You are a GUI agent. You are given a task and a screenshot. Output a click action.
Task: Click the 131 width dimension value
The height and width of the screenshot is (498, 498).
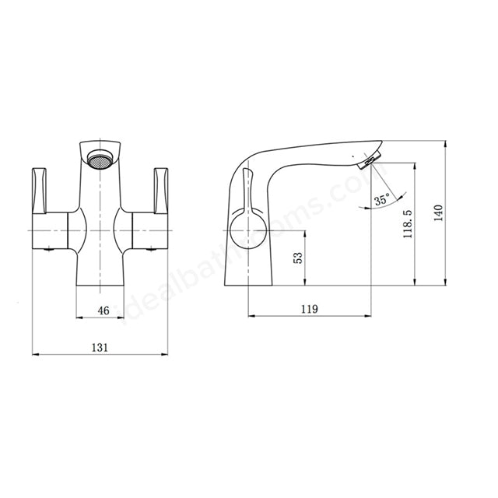click(100, 347)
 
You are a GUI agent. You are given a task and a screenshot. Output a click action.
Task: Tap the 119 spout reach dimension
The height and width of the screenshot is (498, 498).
click(309, 309)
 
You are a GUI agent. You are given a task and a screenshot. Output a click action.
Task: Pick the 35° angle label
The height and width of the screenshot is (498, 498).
click(381, 200)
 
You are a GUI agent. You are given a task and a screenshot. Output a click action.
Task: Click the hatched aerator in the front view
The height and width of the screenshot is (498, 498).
click(100, 162)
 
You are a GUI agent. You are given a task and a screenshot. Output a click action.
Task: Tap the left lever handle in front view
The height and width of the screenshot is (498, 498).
click(40, 188)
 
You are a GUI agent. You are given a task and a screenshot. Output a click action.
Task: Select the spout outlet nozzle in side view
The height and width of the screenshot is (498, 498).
click(366, 161)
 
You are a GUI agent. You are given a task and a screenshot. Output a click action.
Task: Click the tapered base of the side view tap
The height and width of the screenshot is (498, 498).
click(249, 268)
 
